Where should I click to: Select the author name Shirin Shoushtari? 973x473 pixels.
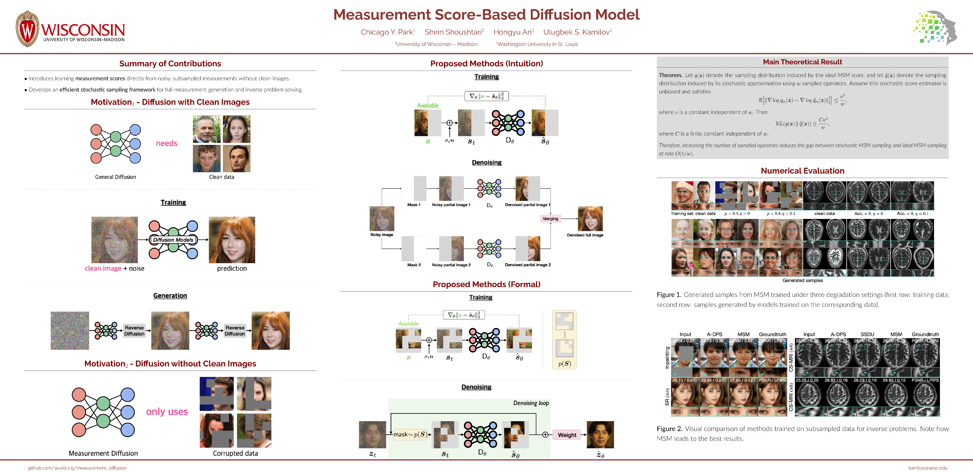point(453,32)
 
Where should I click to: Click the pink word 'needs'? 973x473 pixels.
point(167,143)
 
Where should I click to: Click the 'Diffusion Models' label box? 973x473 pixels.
point(173,240)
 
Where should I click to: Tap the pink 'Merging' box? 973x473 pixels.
point(550,219)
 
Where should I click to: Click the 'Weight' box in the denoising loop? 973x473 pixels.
point(567,435)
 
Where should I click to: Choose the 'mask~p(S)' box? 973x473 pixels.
point(410,434)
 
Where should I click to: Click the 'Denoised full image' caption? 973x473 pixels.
point(585,235)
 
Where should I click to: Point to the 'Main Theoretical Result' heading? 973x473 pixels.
point(802,62)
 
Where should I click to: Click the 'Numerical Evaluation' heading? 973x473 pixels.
point(802,171)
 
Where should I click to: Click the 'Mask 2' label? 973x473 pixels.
point(414,265)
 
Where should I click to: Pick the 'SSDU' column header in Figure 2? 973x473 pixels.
point(867,334)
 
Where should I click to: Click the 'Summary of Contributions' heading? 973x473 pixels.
point(170,63)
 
